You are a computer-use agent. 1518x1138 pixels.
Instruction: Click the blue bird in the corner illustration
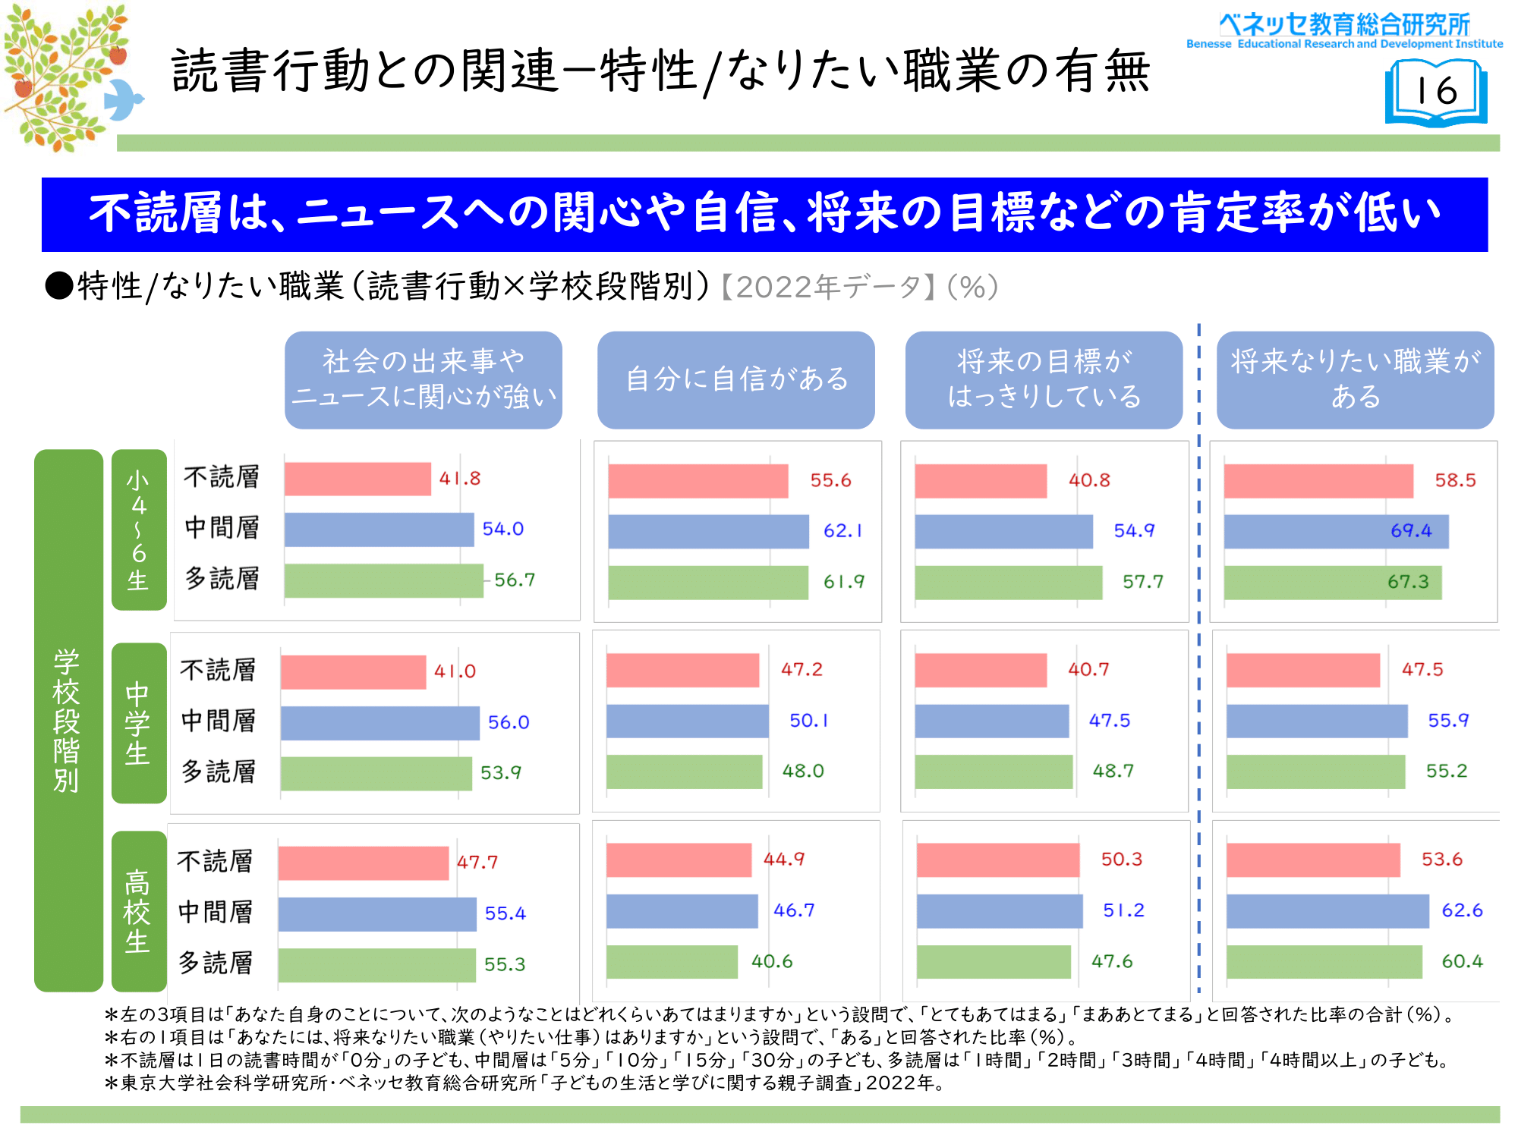pos(123,99)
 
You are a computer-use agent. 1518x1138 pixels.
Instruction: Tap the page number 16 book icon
pos(1436,93)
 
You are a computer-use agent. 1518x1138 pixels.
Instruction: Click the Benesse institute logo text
pos(1344,30)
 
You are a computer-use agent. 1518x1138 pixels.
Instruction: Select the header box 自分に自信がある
pos(735,379)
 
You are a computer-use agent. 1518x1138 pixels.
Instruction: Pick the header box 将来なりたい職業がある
pos(1355,379)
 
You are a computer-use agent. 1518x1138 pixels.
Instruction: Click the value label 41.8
pos(460,479)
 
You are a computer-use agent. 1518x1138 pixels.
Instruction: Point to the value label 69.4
pos(1411,530)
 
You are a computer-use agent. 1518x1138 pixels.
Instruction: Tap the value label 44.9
pos(783,860)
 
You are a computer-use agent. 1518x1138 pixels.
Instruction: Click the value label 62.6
pos(1462,910)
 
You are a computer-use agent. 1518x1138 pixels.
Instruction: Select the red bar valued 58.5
pos(1318,481)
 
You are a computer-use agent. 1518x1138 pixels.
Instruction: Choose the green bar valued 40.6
pos(672,962)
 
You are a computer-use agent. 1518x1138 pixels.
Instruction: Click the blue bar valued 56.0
pos(379,723)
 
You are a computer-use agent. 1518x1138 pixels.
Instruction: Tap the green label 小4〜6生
pos(139,530)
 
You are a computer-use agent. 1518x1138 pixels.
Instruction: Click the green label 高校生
pos(138,911)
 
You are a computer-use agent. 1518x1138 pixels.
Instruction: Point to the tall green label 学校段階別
pos(68,720)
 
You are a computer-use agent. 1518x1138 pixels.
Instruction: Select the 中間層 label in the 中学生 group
pos(219,721)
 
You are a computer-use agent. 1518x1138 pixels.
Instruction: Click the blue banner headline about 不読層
pos(764,214)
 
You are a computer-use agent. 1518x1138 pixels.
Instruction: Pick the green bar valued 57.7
pos(1008,583)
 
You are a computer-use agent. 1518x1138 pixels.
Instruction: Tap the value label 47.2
pos(802,670)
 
